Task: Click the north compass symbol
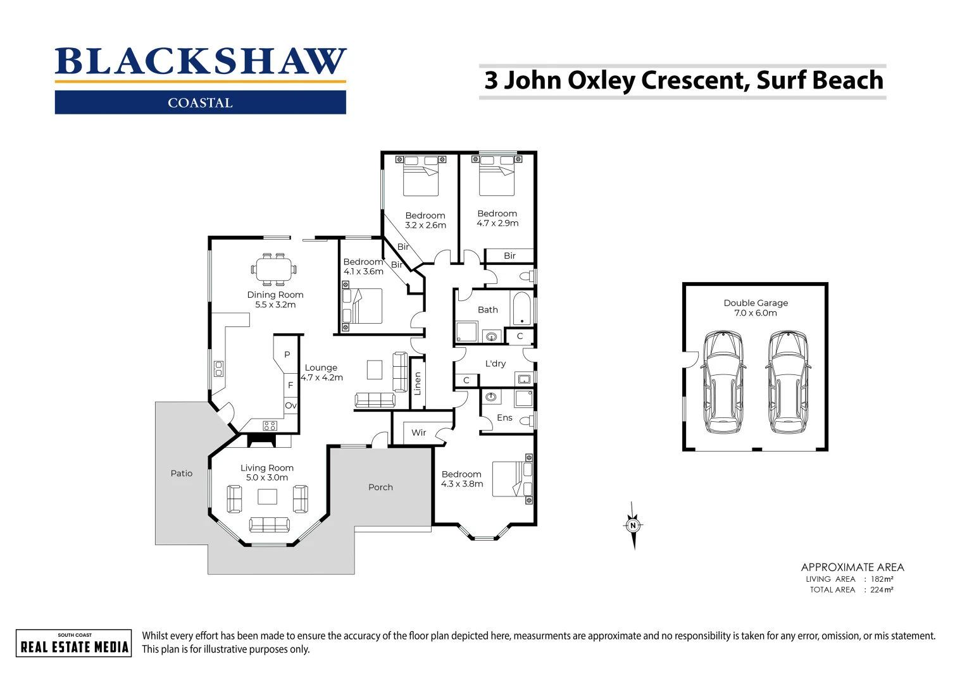pyautogui.click(x=633, y=526)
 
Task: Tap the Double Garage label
pyautogui.click(x=756, y=303)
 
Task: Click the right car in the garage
pyautogui.click(x=788, y=382)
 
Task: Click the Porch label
pyautogui.click(x=380, y=488)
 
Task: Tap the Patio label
pyautogui.click(x=182, y=474)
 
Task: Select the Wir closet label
pyautogui.click(x=418, y=433)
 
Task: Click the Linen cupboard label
pyautogui.click(x=418, y=384)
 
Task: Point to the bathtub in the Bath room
pyautogui.click(x=521, y=309)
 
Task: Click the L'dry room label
pyautogui.click(x=496, y=364)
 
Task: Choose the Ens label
pyautogui.click(x=504, y=418)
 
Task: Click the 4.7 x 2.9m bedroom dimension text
pyautogui.click(x=497, y=223)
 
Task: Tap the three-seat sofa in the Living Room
pyautogui.click(x=269, y=525)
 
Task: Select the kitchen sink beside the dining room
pyautogui.click(x=218, y=369)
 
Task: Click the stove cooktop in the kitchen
pyautogui.click(x=270, y=426)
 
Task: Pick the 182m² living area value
pyautogui.click(x=882, y=579)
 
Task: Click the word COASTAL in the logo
pyautogui.click(x=200, y=103)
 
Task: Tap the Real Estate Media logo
pyautogui.click(x=74, y=644)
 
